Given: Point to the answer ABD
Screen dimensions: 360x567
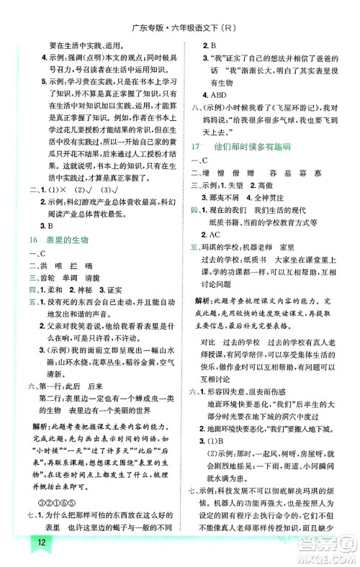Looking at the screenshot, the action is click(x=215, y=93).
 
